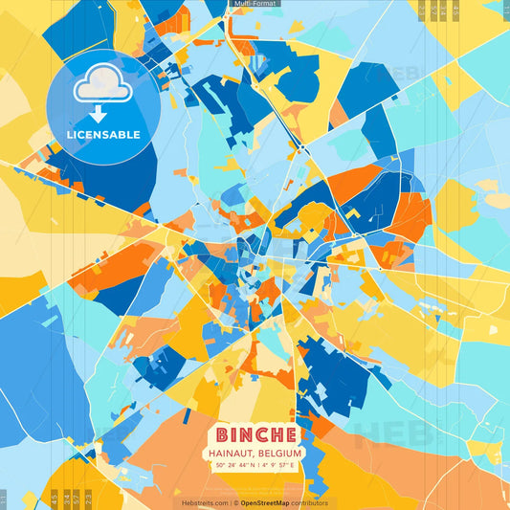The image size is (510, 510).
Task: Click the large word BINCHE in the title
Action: [x=255, y=432]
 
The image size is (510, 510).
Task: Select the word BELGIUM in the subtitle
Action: [x=280, y=453]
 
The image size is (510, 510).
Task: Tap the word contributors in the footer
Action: [x=309, y=502]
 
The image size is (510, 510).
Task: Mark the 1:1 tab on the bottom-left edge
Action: [x=3, y=498]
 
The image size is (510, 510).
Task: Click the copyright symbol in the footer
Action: [x=232, y=502]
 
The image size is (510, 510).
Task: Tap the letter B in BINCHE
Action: [x=223, y=432]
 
